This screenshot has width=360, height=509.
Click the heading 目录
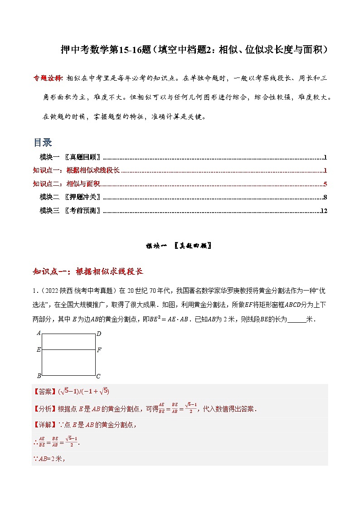pyautogui.click(x=43, y=142)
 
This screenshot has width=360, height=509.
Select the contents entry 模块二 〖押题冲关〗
pyautogui.click(x=70, y=197)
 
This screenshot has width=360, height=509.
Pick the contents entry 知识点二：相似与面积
pyautogui.click(x=66, y=184)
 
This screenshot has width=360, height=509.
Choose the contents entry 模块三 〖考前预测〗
pyautogui.click(x=70, y=211)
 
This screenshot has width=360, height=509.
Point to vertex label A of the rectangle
pyautogui.click(x=39, y=333)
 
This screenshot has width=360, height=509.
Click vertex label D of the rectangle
pyautogui.click(x=98, y=334)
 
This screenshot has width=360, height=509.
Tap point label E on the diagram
pyautogui.click(x=39, y=350)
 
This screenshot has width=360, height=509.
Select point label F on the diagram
pyautogui.click(x=99, y=350)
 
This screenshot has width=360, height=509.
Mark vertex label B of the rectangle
pyautogui.click(x=39, y=376)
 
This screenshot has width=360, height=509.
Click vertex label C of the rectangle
pyautogui.click(x=98, y=376)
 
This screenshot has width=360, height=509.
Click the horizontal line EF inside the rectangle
pyautogui.click(x=68, y=350)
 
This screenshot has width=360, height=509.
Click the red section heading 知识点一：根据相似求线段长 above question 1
pyautogui.click(x=88, y=271)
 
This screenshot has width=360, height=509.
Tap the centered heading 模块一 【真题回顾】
pyautogui.click(x=179, y=246)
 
